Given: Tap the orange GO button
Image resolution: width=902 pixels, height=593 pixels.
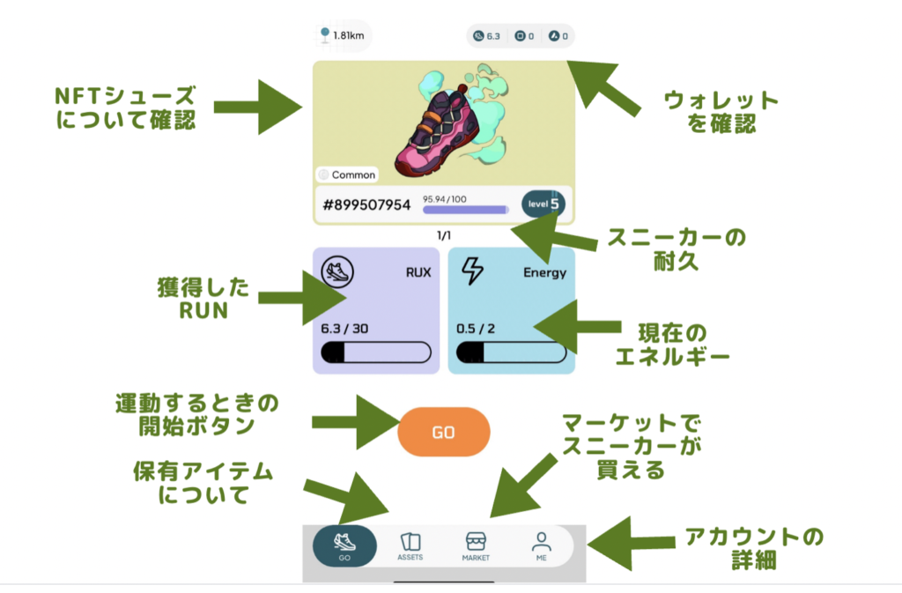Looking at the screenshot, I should [443, 433].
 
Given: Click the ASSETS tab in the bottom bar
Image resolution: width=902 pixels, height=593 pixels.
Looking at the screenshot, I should [410, 546].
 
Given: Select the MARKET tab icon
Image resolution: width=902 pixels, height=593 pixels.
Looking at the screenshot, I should [476, 542].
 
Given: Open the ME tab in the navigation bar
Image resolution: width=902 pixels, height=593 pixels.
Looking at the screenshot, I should [541, 546].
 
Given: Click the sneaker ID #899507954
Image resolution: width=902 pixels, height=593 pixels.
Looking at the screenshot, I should [367, 204].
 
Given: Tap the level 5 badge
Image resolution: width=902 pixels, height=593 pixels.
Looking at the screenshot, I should [543, 204].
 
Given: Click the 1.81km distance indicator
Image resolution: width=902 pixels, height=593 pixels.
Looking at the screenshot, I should [345, 36].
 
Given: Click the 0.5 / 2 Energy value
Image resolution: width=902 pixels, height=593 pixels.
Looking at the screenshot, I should [475, 329].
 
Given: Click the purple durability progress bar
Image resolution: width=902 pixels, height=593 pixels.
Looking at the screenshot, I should [465, 210].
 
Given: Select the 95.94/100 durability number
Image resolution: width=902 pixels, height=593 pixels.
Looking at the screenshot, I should [445, 199].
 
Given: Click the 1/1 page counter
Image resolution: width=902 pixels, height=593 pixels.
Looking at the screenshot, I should [444, 236].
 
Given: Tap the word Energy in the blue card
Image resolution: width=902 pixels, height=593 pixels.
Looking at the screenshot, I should [544, 272].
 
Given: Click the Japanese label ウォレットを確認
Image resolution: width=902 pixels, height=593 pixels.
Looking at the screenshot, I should [721, 112].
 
